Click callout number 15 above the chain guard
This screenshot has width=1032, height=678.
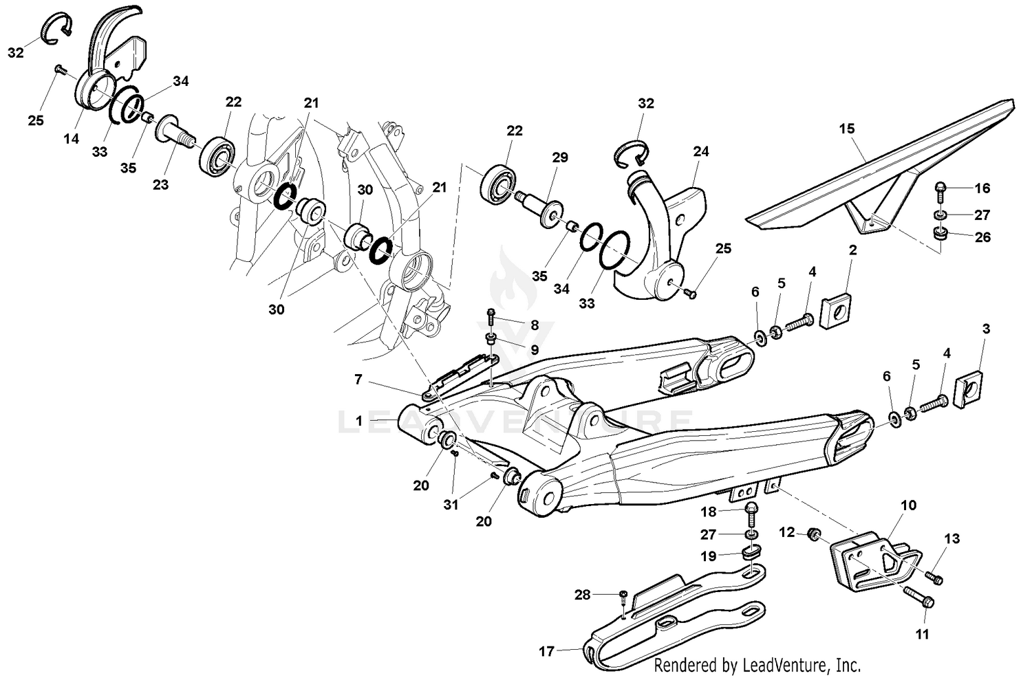click(846, 129)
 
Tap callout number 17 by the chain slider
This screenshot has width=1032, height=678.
click(546, 650)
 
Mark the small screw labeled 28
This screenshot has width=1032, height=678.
click(623, 593)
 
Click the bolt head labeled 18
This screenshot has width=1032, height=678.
click(751, 510)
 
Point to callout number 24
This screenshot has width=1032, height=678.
click(700, 151)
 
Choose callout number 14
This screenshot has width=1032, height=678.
click(72, 138)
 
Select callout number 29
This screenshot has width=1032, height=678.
click(559, 157)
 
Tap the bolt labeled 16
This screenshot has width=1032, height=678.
click(940, 187)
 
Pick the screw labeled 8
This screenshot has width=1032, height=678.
click(491, 316)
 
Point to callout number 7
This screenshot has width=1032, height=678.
click(358, 379)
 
